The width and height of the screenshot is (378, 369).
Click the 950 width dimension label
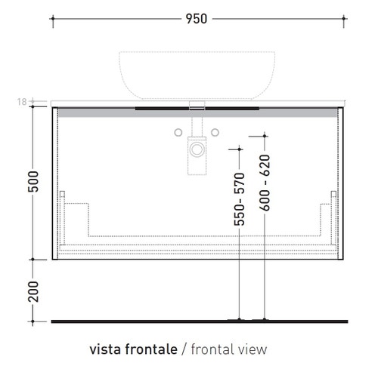coord(196,19)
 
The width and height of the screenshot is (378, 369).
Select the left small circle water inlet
coord(178,134)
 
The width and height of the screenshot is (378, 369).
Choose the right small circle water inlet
coord(215,134)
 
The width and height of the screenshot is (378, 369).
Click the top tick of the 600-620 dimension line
coord(265,136)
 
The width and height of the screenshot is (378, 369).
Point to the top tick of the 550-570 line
coord(240,146)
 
